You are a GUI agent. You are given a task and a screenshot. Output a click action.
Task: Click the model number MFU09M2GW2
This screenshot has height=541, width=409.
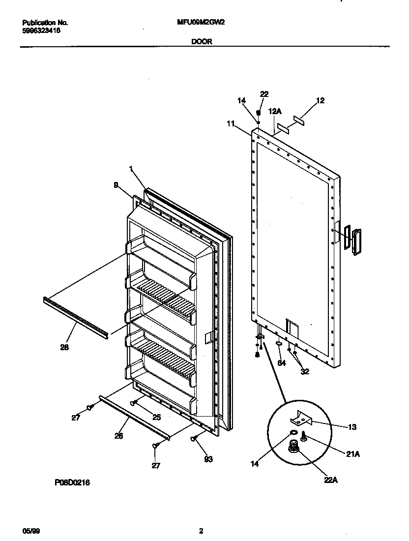pyautogui.click(x=201, y=23)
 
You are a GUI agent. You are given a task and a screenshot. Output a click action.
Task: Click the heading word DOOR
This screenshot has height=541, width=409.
pyautogui.click(x=202, y=42)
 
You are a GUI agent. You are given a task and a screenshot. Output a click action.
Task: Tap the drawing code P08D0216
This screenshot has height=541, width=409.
pyautogui.click(x=72, y=483)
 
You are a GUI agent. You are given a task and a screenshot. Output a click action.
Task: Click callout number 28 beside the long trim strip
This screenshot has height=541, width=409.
pyautogui.click(x=64, y=347)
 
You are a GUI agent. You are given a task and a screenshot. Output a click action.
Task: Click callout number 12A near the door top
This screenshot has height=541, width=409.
pyautogui.click(x=275, y=112)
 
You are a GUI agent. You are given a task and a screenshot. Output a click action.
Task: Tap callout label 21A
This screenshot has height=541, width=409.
pyautogui.click(x=353, y=454)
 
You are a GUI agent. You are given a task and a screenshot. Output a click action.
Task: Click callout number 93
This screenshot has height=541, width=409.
pyautogui.click(x=209, y=459)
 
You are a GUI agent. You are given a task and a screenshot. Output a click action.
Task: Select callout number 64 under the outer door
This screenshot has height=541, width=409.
pyautogui.click(x=281, y=363)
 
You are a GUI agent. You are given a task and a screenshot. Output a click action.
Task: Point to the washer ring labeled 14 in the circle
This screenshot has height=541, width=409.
pyautogui.click(x=293, y=432)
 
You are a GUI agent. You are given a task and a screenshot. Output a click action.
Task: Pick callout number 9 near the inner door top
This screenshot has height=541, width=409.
pyautogui.click(x=116, y=185)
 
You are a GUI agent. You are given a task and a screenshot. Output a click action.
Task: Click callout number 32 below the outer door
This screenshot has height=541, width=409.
pyautogui.click(x=305, y=371)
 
